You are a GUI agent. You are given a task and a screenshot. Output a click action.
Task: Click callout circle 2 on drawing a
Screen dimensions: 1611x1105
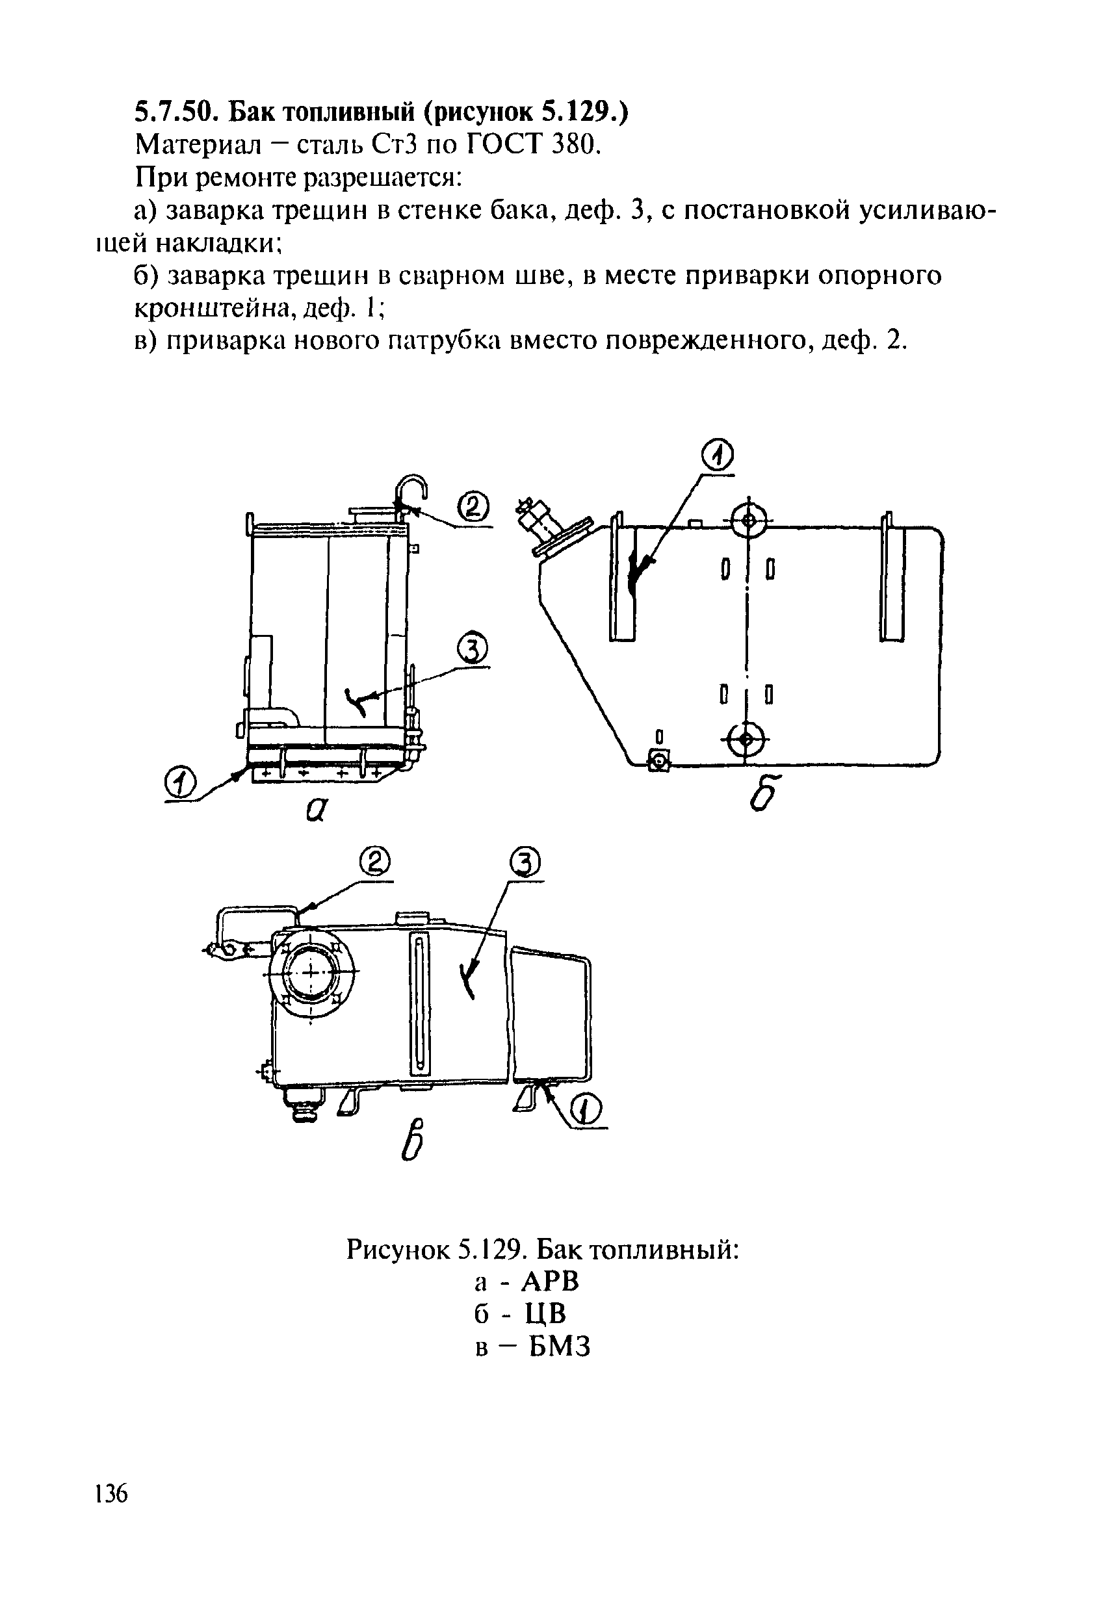[x=473, y=508]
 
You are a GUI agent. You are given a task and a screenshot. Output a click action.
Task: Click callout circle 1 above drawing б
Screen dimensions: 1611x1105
[x=718, y=456]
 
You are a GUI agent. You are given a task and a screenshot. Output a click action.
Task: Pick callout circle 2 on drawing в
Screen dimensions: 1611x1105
[x=375, y=862]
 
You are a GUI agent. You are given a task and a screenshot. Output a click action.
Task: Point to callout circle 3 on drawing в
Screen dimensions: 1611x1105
[x=525, y=863]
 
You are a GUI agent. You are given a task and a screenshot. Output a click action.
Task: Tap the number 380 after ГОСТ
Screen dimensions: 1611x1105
[x=573, y=144]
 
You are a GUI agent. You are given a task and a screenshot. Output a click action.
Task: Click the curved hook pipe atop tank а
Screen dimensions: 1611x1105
[x=412, y=488]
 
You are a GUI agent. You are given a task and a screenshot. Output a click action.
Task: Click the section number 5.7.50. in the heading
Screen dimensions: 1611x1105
[x=177, y=112]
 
